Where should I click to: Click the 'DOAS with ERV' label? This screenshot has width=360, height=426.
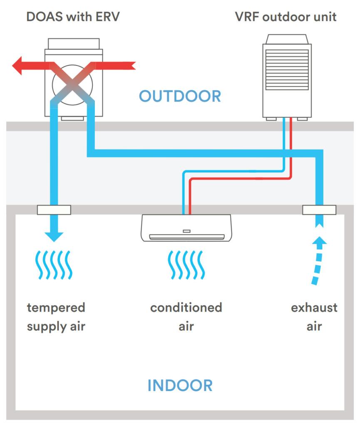pos(73,17)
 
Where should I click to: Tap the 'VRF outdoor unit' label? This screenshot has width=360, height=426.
pos(286,17)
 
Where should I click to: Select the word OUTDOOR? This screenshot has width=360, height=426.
pos(180,96)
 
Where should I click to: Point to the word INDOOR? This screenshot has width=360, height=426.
pos(180,385)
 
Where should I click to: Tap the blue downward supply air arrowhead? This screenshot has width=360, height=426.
pos(54,236)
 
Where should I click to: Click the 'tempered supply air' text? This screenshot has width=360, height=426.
pos(56,317)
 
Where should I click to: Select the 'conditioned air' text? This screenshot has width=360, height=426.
pos(186,317)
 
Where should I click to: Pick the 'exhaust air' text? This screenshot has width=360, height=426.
pos(314,317)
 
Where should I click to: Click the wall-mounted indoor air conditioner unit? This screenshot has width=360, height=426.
pos(186,228)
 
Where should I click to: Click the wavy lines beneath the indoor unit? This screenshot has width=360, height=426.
pos(186,265)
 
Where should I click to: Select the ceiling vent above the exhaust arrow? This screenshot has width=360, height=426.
pos(319,210)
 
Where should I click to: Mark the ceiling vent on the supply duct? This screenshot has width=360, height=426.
pos(54,210)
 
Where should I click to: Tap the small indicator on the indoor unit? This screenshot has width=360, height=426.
pos(186,231)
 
